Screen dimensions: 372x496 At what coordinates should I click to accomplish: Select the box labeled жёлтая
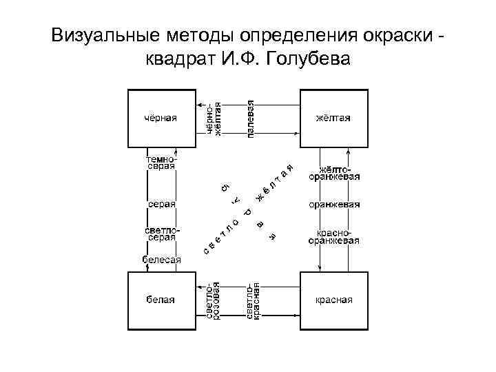coord(333,118)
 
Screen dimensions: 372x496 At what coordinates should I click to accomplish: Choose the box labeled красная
coord(333,300)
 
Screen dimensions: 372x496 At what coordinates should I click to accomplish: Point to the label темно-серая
coord(161,163)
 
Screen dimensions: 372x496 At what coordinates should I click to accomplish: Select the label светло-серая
coord(161,233)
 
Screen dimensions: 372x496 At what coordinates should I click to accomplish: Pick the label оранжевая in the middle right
coord(334,205)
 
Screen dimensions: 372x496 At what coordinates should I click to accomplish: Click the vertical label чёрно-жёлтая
coord(214,118)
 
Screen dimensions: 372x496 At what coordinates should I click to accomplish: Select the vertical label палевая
coord(253,118)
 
